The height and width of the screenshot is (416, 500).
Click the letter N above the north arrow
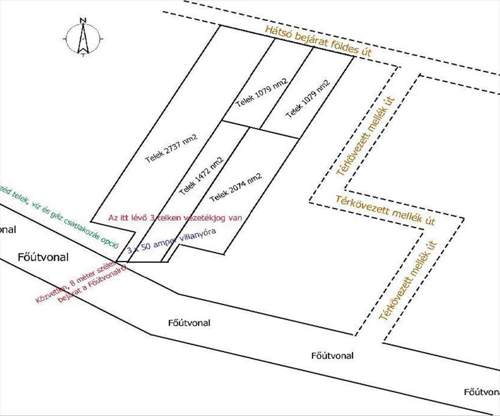[83, 20]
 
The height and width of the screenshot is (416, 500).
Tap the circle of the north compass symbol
[83, 40]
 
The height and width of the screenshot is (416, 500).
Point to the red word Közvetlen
[49, 293]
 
